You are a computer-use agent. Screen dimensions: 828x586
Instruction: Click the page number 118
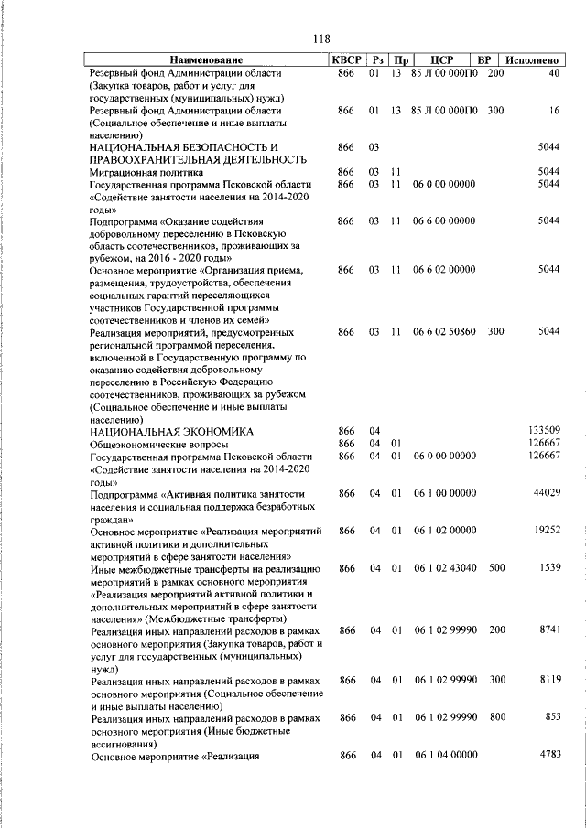click(x=320, y=38)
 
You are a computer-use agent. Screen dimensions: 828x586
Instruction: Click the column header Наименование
click(x=206, y=59)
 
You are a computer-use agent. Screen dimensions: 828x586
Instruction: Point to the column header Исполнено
click(x=533, y=59)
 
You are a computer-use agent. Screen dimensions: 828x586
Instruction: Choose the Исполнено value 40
click(x=554, y=72)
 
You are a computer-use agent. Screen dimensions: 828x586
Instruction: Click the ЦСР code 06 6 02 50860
click(x=444, y=331)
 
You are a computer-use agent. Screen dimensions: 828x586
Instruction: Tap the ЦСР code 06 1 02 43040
click(x=444, y=568)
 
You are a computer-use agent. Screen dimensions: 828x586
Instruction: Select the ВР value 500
click(x=495, y=568)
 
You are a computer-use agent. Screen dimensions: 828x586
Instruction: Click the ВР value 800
click(x=495, y=718)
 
